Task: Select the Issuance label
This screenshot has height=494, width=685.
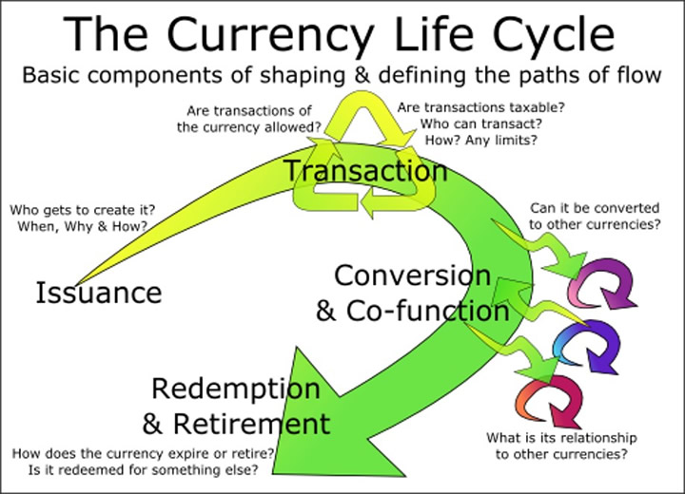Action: (98, 293)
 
